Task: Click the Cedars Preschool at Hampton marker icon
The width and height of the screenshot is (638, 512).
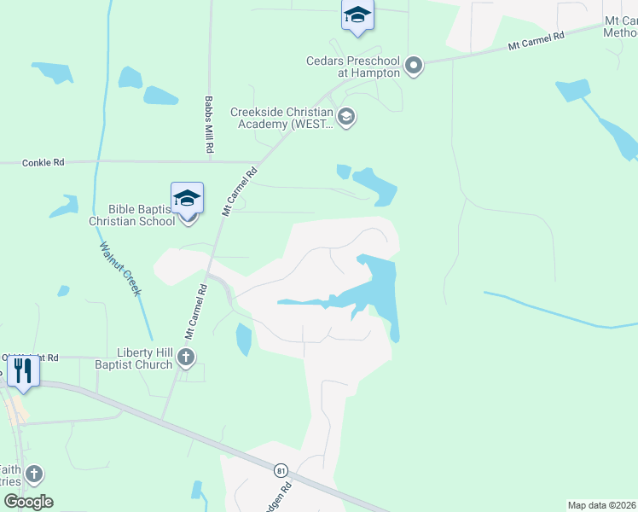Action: [x=415, y=66]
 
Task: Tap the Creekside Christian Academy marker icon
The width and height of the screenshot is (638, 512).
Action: [x=346, y=117]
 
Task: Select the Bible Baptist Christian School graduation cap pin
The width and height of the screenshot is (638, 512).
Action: [x=188, y=200]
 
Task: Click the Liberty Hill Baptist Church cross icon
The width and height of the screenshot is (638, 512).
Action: [x=186, y=358]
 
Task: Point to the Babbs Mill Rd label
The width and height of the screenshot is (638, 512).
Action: [x=208, y=125]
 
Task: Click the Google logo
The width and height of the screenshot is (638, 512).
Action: [x=28, y=502]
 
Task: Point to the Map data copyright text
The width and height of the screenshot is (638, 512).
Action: [x=602, y=505]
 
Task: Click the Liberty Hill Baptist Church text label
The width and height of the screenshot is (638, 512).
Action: [x=145, y=358]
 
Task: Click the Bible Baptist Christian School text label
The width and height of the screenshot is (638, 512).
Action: [x=132, y=214]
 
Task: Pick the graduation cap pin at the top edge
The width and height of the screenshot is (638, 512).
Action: [x=357, y=15]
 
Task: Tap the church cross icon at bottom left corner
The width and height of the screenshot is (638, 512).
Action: [x=33, y=474]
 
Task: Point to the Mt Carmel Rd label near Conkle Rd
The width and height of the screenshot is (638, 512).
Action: [x=239, y=192]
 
